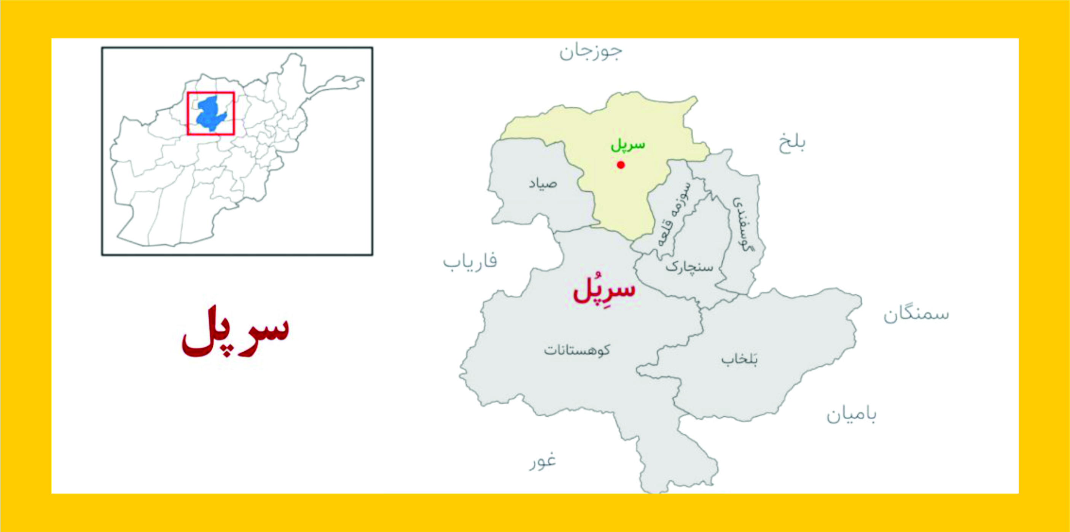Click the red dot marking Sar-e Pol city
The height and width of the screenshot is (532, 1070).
621,165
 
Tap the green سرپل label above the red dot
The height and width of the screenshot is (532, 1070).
627,145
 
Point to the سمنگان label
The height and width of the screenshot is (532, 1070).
916,314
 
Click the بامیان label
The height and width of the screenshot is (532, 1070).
851,414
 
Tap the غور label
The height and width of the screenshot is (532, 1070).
543,461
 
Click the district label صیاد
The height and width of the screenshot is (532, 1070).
543,183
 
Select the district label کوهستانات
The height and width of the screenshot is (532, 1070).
577,350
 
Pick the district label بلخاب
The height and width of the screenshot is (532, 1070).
739,359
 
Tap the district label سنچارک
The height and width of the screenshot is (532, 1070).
689,267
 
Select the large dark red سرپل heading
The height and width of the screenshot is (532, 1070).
235,332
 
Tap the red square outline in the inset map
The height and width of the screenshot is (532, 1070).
188,113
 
